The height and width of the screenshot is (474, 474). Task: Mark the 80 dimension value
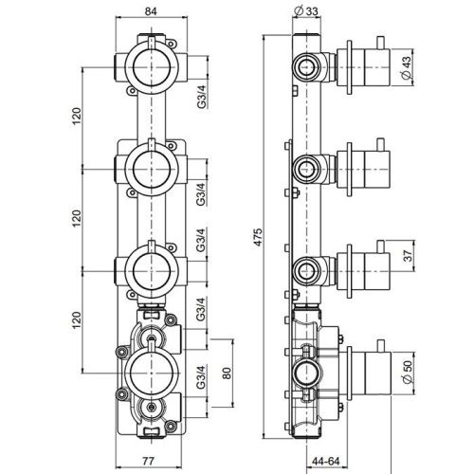(x=226, y=374)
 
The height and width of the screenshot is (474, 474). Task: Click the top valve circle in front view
(x=149, y=66)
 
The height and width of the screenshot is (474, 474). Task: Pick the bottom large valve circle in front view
(x=149, y=368)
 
